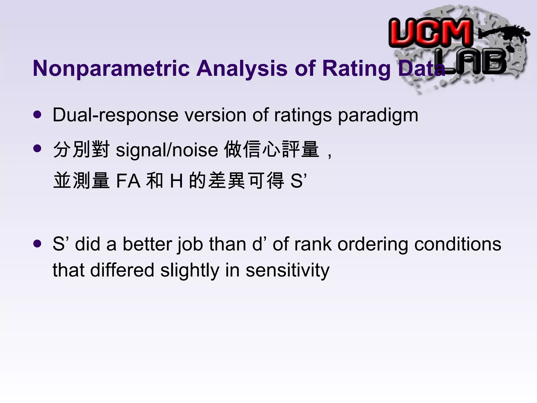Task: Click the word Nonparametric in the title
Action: tap(111, 68)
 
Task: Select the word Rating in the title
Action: tap(356, 68)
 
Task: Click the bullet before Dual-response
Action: tap(37, 115)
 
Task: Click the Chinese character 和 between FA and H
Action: tap(155, 181)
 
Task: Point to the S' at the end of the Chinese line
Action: tap(298, 181)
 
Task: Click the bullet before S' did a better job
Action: tap(37, 244)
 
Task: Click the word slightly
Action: tap(190, 270)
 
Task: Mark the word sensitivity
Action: tap(287, 270)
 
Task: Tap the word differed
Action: tap(122, 270)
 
